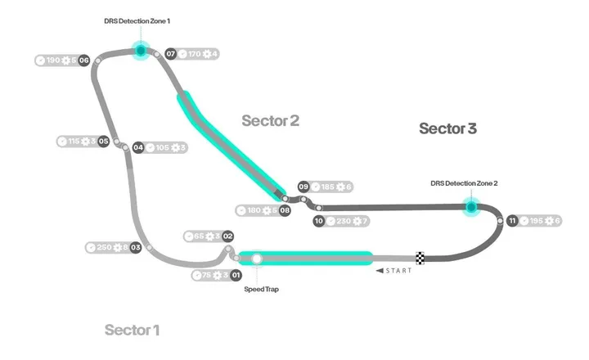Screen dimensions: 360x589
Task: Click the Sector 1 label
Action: [x=132, y=330]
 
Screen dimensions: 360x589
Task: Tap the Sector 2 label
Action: [x=270, y=121]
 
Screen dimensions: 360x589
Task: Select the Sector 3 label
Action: [x=447, y=128]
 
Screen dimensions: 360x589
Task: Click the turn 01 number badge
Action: [x=236, y=276]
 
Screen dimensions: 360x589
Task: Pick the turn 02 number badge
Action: [x=228, y=236]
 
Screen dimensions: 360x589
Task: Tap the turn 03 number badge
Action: [x=136, y=247]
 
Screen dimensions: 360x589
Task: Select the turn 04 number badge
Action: [x=138, y=148]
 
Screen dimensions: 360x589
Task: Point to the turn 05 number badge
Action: [x=104, y=142]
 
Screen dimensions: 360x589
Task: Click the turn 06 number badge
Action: [x=83, y=61]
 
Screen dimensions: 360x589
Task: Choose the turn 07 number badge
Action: [x=171, y=54]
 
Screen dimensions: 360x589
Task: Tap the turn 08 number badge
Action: [x=285, y=210]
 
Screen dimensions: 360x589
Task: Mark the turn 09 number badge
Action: [x=303, y=187]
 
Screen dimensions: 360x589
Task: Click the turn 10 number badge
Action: [x=319, y=221]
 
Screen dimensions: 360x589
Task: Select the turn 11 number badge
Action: [x=512, y=221]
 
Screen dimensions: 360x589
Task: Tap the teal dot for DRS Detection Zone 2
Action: [x=471, y=207]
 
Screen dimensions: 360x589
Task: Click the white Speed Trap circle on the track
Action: [x=257, y=259]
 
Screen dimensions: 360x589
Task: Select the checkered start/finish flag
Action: [x=420, y=259]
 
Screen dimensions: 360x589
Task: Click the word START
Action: [x=398, y=271]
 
